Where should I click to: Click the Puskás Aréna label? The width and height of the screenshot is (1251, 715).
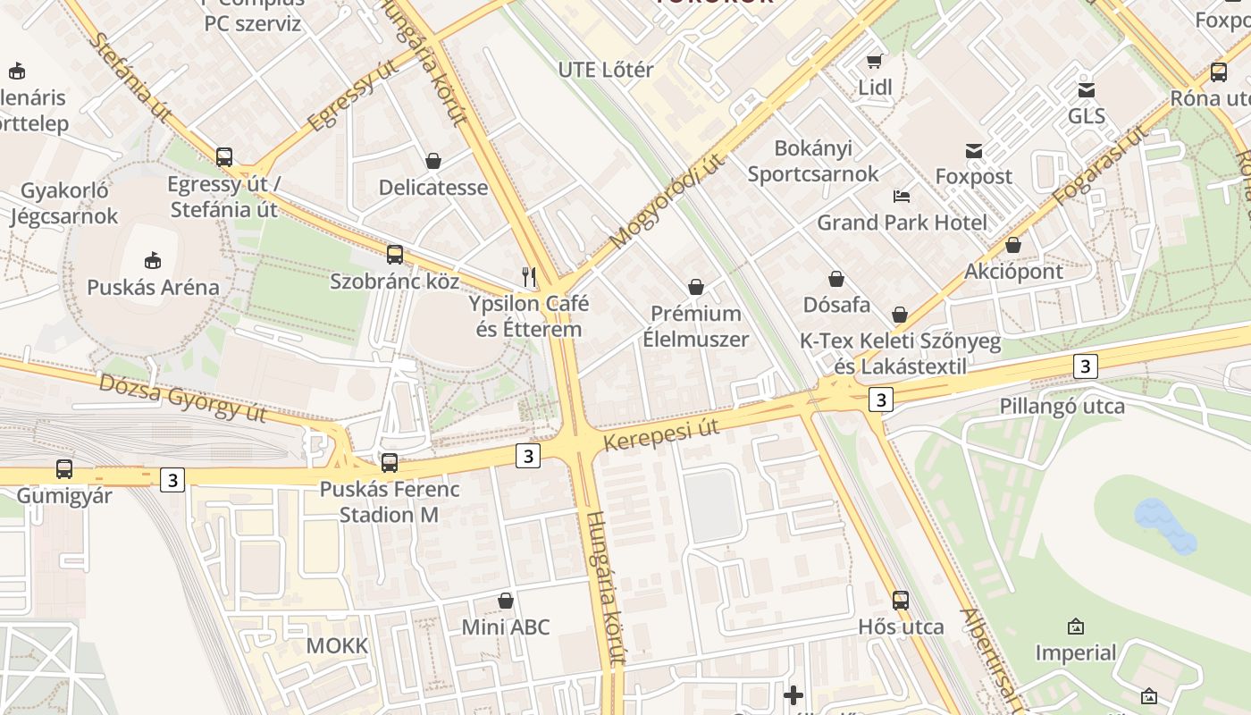[x=153, y=287]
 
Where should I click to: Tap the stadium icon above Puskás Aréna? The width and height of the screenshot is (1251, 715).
[x=153, y=260]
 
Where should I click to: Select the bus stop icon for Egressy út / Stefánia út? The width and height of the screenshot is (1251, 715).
[x=224, y=157]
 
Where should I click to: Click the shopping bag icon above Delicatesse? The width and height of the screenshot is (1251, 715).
[x=433, y=161]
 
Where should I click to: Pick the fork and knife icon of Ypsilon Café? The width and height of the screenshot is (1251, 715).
[x=529, y=276]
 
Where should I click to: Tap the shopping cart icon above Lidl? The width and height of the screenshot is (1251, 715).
[x=875, y=61]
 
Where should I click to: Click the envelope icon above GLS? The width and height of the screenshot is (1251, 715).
[x=1087, y=89]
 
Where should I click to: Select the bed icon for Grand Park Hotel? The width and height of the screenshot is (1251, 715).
[x=902, y=196]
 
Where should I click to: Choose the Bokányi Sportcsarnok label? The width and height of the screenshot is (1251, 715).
[x=813, y=161]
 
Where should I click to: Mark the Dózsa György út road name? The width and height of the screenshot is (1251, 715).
[x=182, y=397]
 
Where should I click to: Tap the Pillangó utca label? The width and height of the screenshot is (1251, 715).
[x=1062, y=406]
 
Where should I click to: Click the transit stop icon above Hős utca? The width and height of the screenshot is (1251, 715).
[x=901, y=601]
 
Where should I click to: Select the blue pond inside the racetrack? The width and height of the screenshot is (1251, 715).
[x=1164, y=526]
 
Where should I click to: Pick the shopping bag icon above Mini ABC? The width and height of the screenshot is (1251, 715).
[x=506, y=601]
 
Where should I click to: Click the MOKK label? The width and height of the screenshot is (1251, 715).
[x=337, y=645]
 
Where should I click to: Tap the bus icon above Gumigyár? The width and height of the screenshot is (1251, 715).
[x=64, y=468]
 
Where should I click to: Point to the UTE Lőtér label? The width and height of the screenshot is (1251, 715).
[x=606, y=70]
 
